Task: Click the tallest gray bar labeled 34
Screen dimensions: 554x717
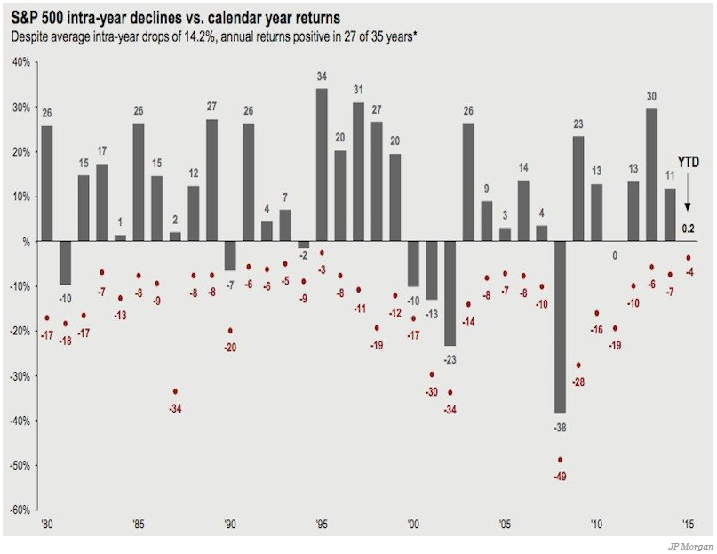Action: point(322,165)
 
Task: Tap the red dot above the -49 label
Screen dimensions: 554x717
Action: point(560,460)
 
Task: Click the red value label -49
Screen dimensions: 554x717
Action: point(560,477)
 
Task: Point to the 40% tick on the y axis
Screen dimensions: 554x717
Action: point(21,62)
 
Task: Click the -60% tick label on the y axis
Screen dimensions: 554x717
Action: point(20,510)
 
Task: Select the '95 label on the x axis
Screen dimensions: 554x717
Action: point(322,524)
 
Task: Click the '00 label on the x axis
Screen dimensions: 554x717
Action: point(413,524)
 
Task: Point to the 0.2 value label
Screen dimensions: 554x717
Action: point(687,229)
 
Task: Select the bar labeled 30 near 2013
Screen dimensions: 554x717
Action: point(652,174)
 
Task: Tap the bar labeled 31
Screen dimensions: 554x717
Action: point(358,172)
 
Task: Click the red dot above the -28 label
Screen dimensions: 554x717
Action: point(578,365)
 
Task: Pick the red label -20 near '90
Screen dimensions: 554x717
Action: point(230,346)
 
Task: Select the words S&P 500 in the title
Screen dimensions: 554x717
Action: point(40,17)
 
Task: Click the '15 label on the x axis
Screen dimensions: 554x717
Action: point(689,524)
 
